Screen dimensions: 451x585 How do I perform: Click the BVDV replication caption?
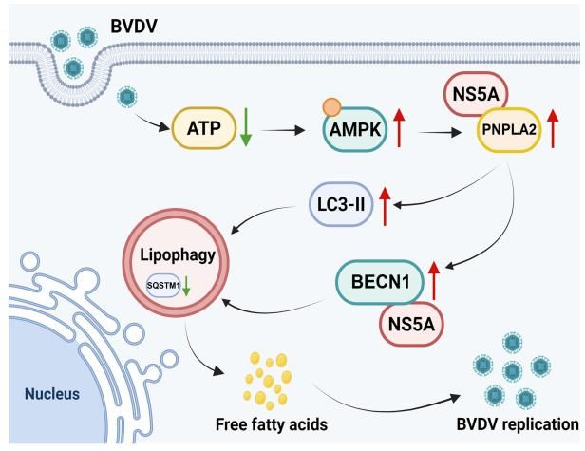[x=517, y=423]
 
